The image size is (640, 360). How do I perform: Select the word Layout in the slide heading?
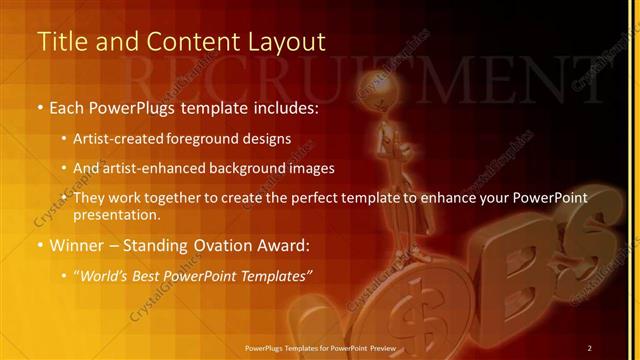tap(283, 42)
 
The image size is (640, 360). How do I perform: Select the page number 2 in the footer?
tap(590, 347)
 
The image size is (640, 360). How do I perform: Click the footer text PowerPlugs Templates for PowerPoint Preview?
tap(320, 347)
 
